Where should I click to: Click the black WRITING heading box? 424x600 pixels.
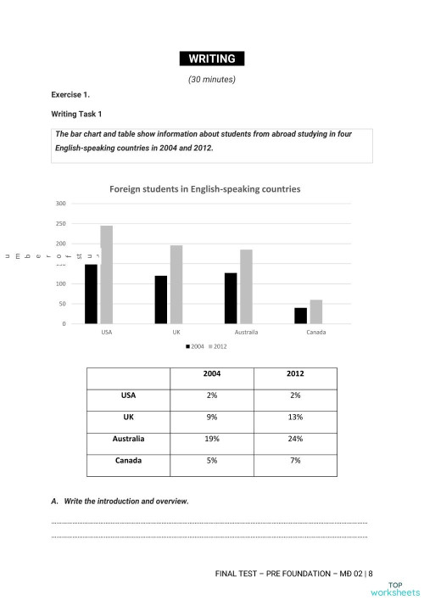pos(211,59)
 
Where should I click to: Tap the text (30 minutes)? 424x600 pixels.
pos(211,80)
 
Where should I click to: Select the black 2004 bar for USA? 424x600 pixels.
pos(91,294)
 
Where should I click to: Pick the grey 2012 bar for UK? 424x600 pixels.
pos(176,284)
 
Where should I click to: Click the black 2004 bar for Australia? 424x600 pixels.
pos(231,298)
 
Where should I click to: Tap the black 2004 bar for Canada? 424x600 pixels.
pos(300,315)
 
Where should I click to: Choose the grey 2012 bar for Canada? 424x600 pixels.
pos(315,311)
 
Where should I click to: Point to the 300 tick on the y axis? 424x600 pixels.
pos(60,204)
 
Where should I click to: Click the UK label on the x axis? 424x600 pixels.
pos(176,332)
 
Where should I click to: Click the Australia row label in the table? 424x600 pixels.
pos(128,439)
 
